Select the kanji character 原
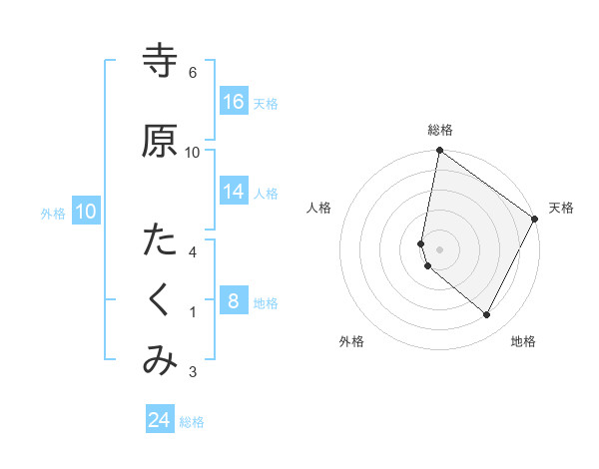pyautogui.click(x=160, y=141)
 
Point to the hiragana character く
pyautogui.click(x=160, y=300)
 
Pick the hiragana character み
pyautogui.click(x=160, y=361)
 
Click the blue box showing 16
pyautogui.click(x=234, y=102)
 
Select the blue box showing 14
pyautogui.click(x=234, y=192)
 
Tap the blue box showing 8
pyautogui.click(x=234, y=301)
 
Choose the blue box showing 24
pyautogui.click(x=160, y=420)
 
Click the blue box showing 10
pyautogui.click(x=86, y=212)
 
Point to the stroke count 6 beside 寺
pyautogui.click(x=193, y=73)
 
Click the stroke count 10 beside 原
pyautogui.click(x=193, y=152)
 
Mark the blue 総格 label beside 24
pyautogui.click(x=192, y=422)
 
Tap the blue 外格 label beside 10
pyautogui.click(x=53, y=213)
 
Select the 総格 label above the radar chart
pyautogui.click(x=439, y=130)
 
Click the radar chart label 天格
pyautogui.click(x=561, y=208)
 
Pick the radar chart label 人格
pyautogui.click(x=318, y=208)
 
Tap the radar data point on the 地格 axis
pyautogui.click(x=486, y=315)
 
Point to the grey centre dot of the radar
pyautogui.click(x=439, y=249)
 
